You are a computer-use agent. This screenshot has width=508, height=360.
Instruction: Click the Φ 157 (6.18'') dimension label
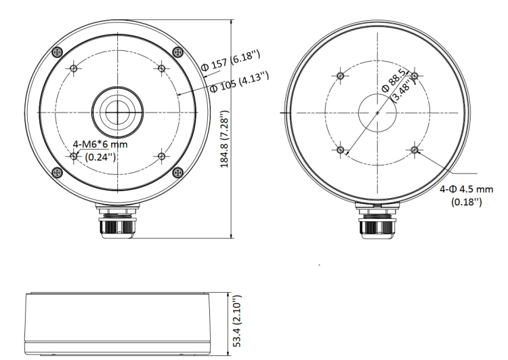(x=231, y=60)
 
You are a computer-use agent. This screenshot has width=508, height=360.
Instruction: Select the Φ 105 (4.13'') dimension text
(x=240, y=82)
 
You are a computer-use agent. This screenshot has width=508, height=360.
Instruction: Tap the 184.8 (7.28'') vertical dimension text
(x=224, y=139)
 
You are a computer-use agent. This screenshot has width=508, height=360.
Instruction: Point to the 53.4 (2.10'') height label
(x=237, y=321)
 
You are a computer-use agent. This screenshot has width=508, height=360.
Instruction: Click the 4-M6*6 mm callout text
(x=100, y=144)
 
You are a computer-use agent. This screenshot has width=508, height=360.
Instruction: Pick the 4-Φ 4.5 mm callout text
(x=466, y=188)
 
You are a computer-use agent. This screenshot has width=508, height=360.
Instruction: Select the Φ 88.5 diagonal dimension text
(x=394, y=81)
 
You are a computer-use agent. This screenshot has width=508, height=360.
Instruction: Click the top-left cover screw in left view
(x=58, y=52)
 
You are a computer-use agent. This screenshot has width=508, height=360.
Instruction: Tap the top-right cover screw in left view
(x=177, y=52)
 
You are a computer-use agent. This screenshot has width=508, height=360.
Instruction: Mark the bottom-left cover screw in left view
(x=57, y=172)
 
